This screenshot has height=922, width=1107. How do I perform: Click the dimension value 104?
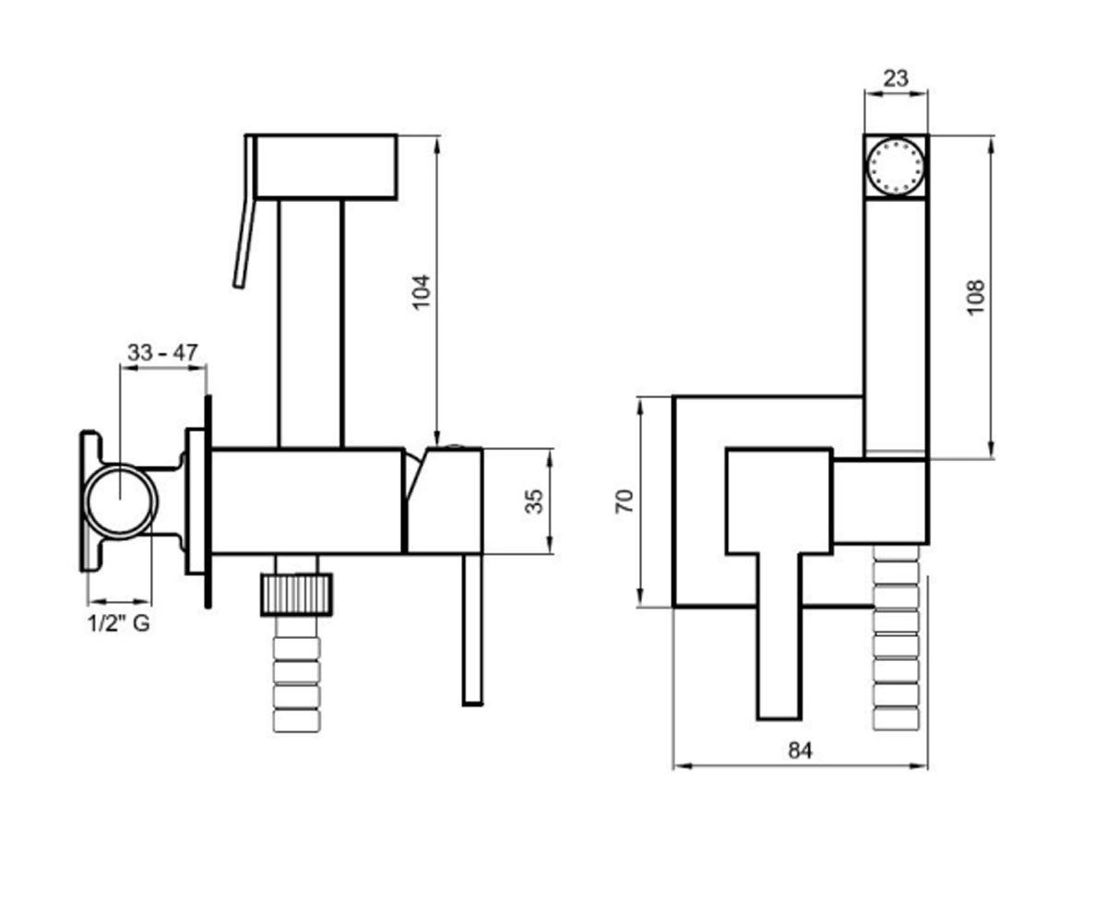[x=422, y=292]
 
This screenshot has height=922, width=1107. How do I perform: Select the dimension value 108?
[x=976, y=297]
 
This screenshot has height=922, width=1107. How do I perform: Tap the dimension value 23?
[x=896, y=78]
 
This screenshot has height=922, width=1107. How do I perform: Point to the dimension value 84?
[x=800, y=751]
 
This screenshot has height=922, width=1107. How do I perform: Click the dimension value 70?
[x=625, y=502]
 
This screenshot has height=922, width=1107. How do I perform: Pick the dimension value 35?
[x=534, y=502]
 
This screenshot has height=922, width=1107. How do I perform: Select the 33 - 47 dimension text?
[x=162, y=352]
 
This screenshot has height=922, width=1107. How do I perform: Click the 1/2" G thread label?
[x=119, y=623]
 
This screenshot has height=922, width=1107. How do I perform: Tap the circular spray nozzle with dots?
[x=896, y=166]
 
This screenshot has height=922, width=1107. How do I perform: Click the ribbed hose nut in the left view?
[x=297, y=595]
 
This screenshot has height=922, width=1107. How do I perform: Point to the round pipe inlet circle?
[x=120, y=501]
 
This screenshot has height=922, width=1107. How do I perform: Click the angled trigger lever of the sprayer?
[x=246, y=212]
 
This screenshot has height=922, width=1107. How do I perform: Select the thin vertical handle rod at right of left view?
[x=472, y=630]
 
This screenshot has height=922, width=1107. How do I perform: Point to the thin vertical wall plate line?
[x=208, y=502]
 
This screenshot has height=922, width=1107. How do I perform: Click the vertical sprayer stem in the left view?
[x=311, y=325]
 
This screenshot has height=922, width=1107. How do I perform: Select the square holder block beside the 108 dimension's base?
[x=880, y=502]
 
